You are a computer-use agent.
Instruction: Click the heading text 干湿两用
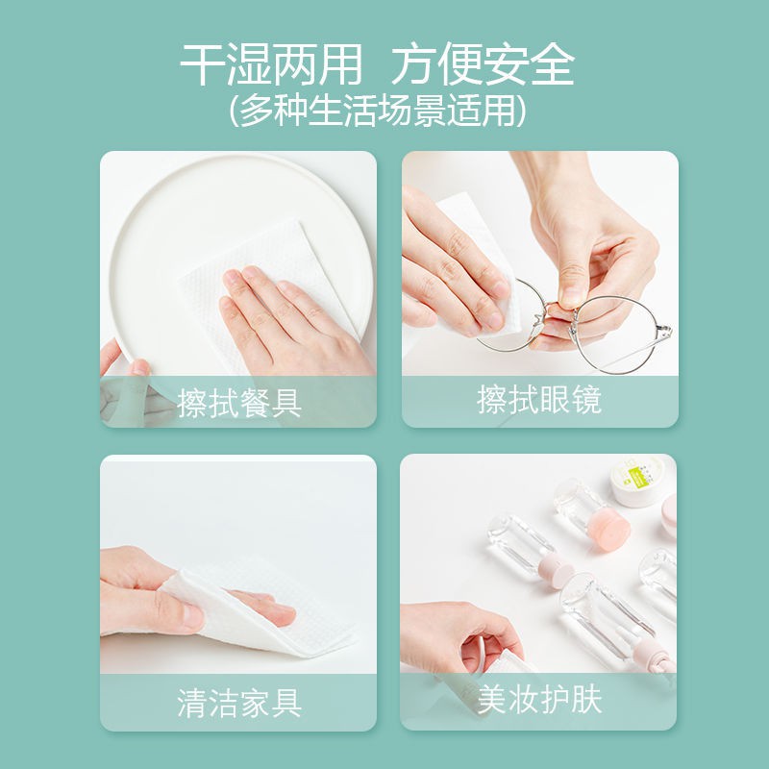[271, 64]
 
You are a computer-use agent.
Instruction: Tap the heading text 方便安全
[483, 64]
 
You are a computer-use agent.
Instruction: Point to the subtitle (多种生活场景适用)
[377, 111]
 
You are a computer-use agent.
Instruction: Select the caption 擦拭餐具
[238, 402]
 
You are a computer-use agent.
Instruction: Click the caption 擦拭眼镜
[539, 400]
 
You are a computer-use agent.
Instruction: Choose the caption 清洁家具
[238, 703]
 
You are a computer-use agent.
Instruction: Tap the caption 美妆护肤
[539, 700]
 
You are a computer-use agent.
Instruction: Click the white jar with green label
[637, 480]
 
